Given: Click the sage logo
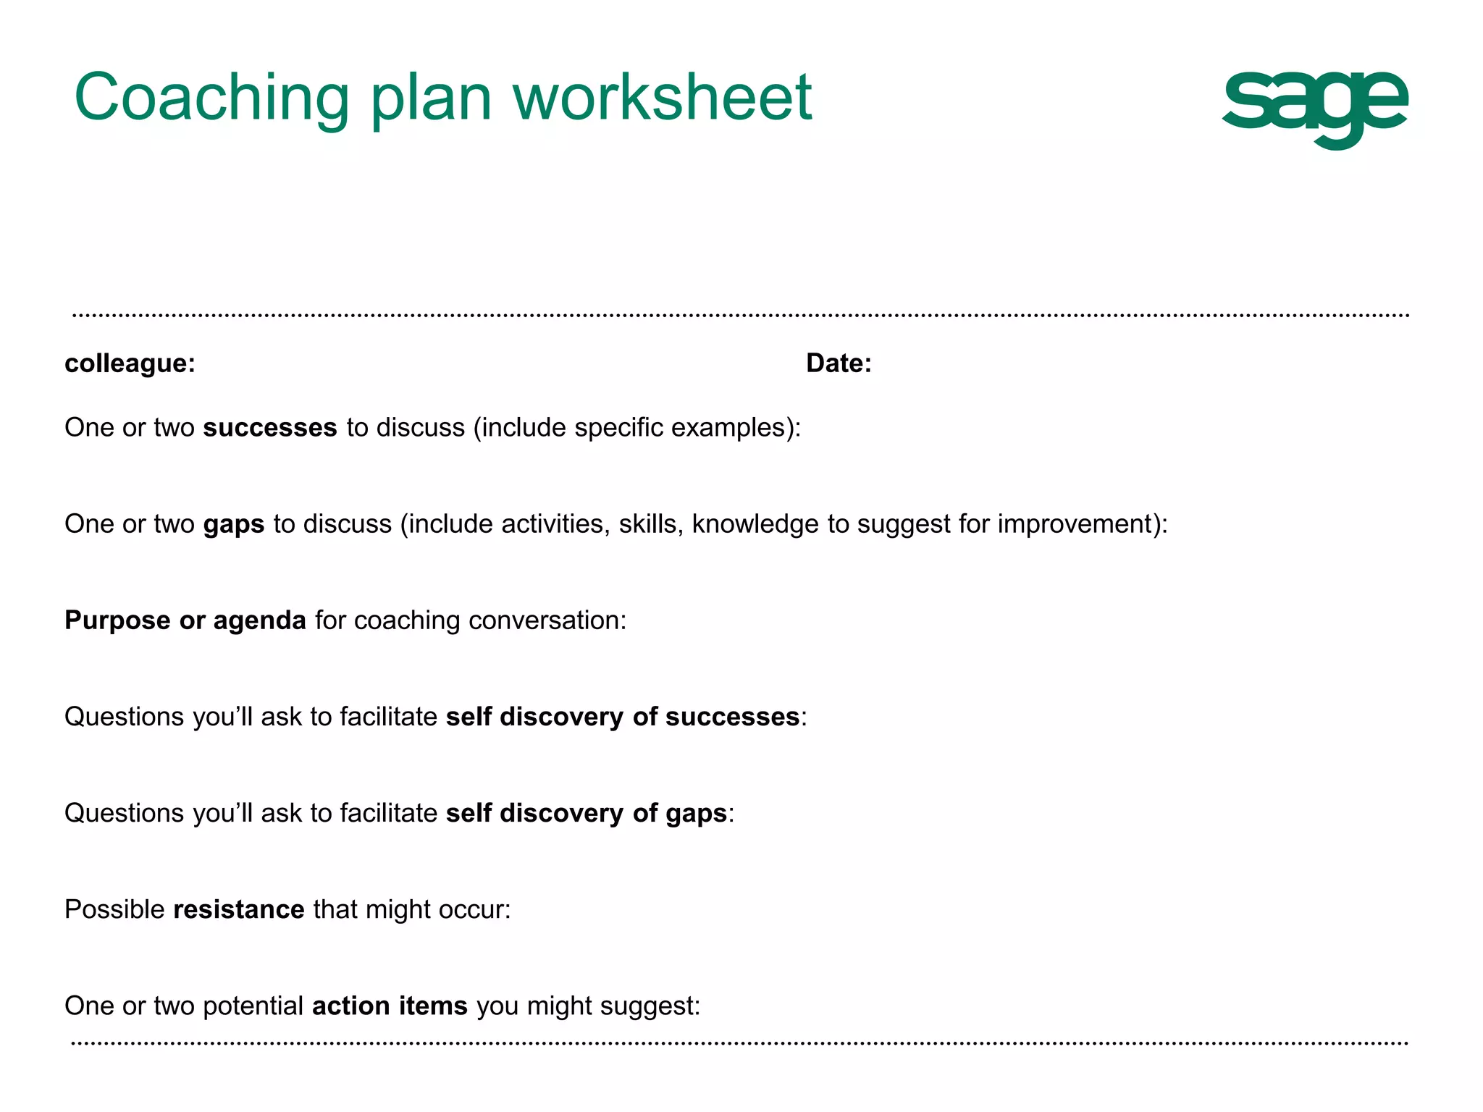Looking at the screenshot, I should (1314, 109).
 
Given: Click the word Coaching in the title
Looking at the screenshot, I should (211, 98).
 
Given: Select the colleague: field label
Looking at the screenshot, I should (130, 363).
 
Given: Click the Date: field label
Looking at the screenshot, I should (839, 363).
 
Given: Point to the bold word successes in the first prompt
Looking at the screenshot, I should (270, 428).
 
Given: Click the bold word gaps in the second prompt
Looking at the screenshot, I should (234, 525).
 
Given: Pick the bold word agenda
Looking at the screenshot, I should (259, 621).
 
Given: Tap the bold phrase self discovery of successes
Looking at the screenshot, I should (623, 717).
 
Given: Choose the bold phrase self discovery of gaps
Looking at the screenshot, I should (587, 814).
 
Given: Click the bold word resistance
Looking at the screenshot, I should (239, 910).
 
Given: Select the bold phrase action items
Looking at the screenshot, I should (390, 1006).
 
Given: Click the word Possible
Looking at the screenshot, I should (114, 910).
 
